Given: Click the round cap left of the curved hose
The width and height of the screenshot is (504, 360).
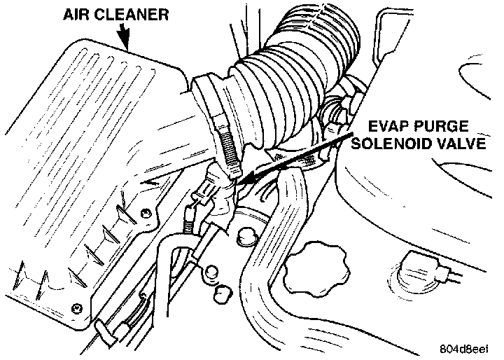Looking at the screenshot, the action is [x=247, y=236].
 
